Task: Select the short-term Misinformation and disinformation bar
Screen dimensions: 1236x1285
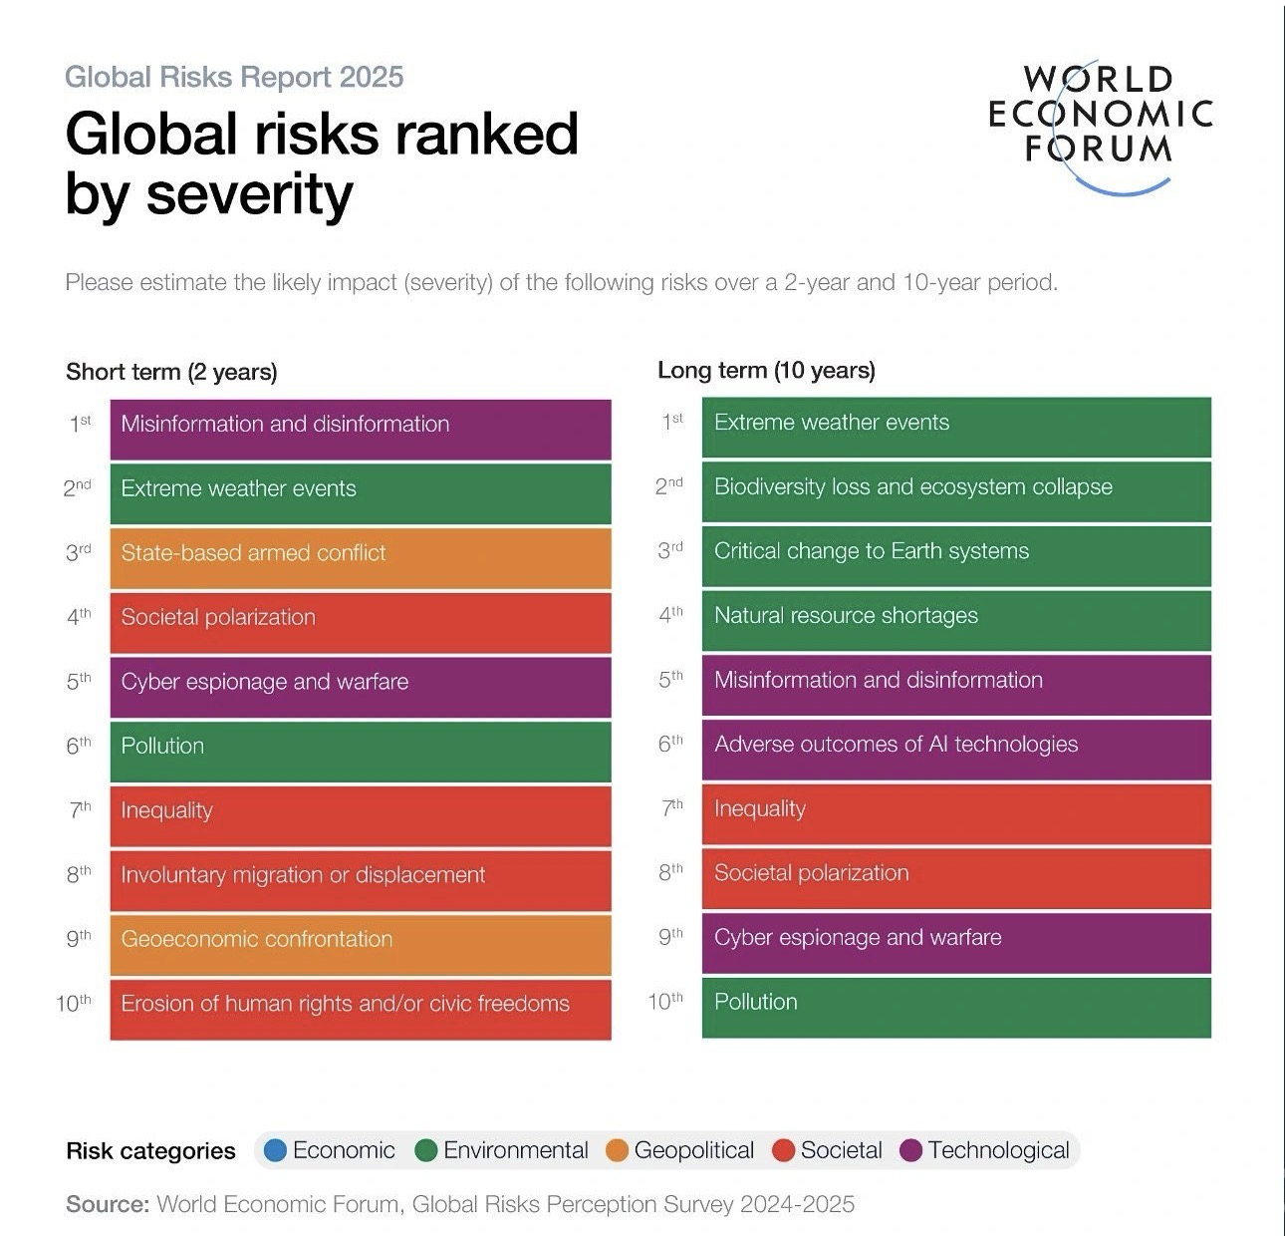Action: coord(360,429)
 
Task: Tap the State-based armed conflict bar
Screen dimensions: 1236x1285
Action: coord(360,557)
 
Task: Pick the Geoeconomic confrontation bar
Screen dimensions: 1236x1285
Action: coord(360,944)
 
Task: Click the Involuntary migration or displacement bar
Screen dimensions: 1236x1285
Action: coord(360,879)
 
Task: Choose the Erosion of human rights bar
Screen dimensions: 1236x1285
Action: coord(360,1008)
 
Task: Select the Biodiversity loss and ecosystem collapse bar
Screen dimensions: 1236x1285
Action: coord(956,491)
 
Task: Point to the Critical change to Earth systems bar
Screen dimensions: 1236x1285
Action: coord(956,555)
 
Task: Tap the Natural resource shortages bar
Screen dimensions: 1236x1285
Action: coord(956,620)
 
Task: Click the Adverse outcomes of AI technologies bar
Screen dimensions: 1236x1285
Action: coord(956,749)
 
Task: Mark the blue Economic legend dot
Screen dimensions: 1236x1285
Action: coord(276,1150)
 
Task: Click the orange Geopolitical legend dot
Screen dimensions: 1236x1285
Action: coord(618,1150)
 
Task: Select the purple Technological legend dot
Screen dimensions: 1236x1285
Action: coord(911,1150)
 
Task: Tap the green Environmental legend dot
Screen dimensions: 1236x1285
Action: coord(426,1150)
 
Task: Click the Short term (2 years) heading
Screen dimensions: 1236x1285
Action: coord(171,372)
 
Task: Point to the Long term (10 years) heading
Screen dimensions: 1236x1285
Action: coord(766,371)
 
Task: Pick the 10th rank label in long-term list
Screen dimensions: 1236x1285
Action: coord(665,1002)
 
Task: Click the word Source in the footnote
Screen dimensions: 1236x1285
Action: coord(107,1204)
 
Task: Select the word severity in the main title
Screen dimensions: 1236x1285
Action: coord(249,193)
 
